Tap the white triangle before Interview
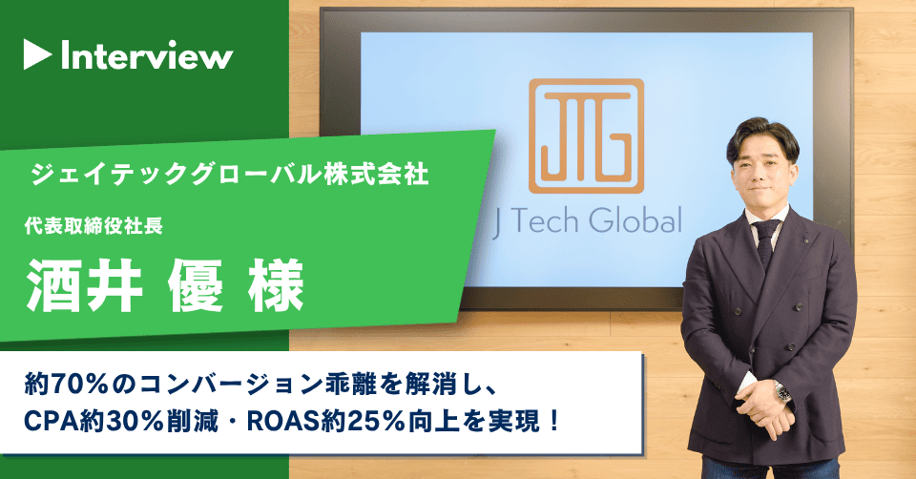tap(37, 56)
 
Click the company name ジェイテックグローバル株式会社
tap(230, 175)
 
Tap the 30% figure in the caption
tap(129, 420)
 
